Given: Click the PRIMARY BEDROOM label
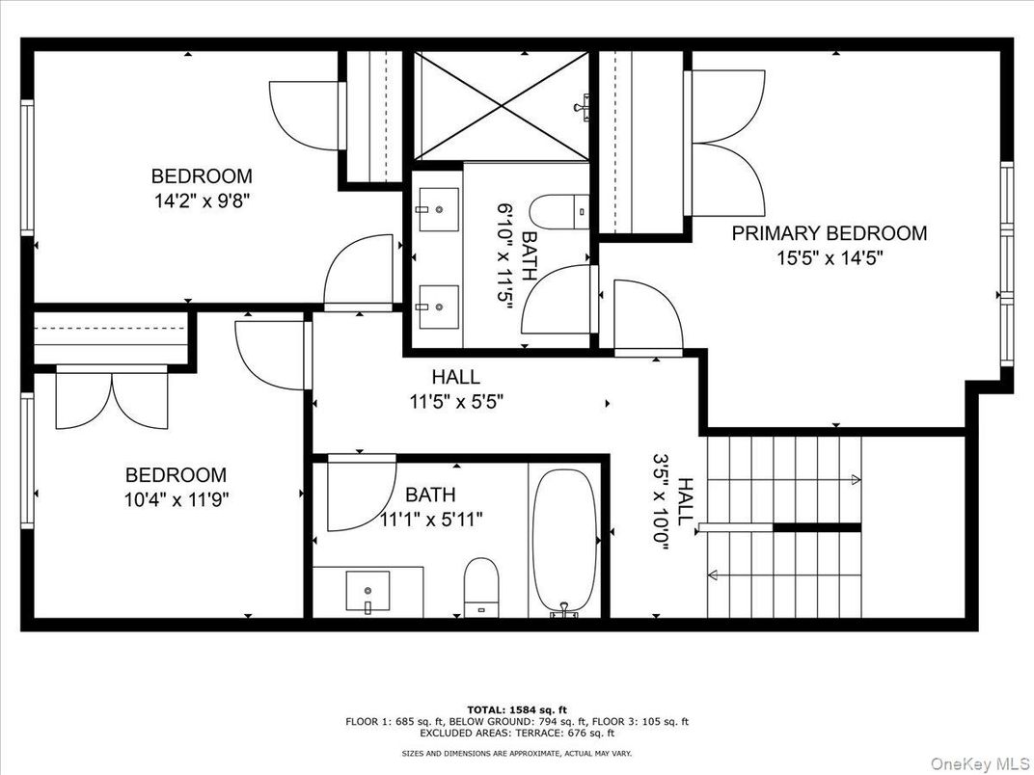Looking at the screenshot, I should [x=829, y=233].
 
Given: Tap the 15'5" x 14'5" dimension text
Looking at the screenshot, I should [x=829, y=258].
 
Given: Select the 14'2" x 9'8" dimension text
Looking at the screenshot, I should [x=202, y=200].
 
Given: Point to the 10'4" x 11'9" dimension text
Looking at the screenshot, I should [x=177, y=499].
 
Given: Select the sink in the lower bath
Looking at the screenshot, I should [x=367, y=590].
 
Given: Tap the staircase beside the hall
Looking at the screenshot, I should [x=783, y=526].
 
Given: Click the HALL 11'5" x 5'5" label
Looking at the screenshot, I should [x=455, y=389].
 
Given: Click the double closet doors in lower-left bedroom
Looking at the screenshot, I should [x=112, y=399].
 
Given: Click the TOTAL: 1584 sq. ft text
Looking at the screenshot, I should [x=516, y=708].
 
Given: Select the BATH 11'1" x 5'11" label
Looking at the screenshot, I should [x=430, y=507].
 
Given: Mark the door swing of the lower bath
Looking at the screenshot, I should [x=358, y=494].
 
